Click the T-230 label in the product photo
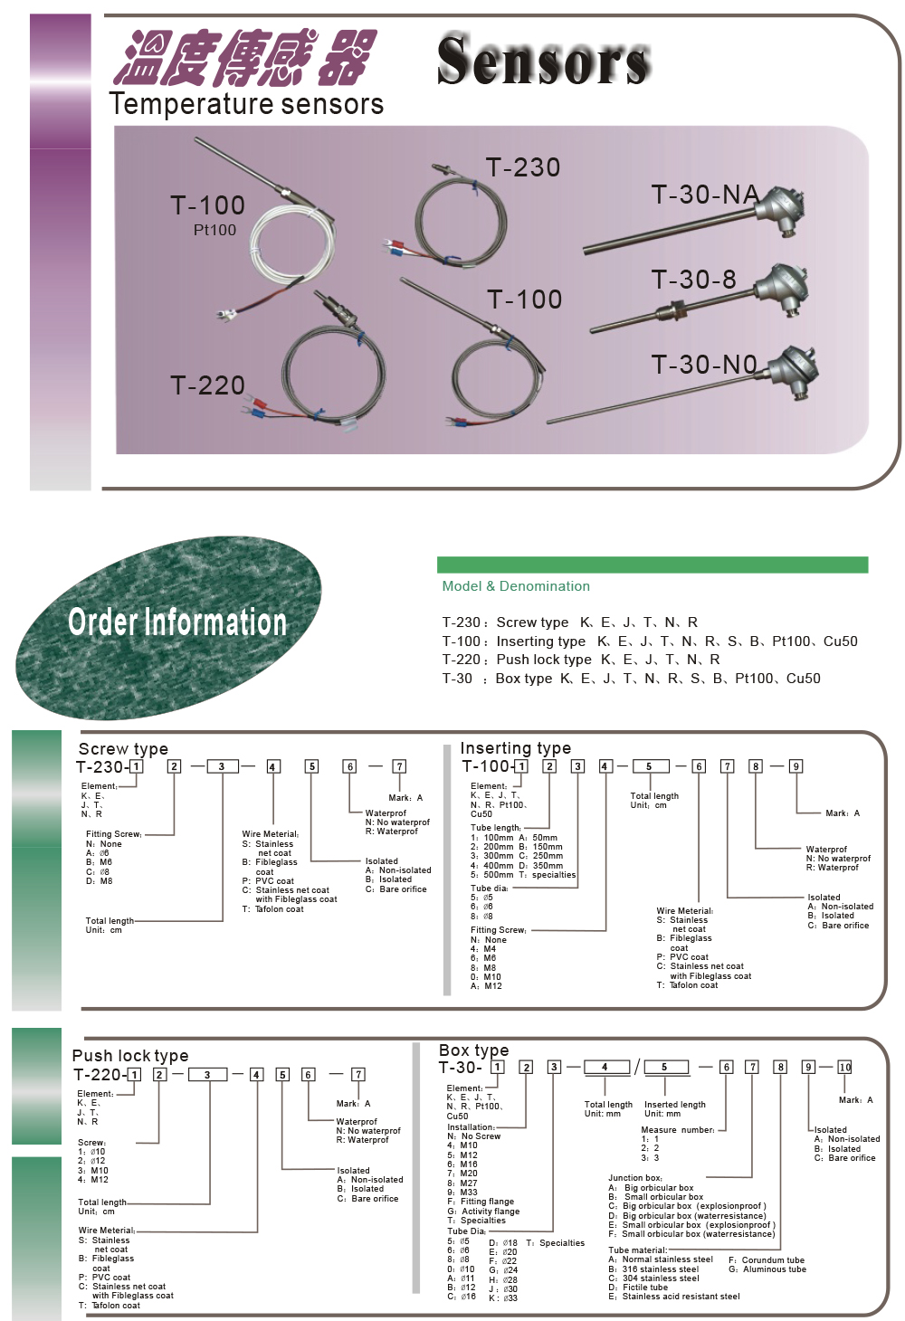point(523,167)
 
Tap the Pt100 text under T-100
point(214,230)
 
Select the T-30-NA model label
point(705,195)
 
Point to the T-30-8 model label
point(694,280)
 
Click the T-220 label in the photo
point(207,385)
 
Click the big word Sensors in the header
point(543,60)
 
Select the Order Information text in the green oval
point(177,622)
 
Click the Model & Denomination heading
point(516,586)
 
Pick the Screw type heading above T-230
point(123,749)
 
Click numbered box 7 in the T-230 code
point(399,766)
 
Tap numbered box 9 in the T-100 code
point(795,766)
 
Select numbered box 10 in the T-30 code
point(845,1067)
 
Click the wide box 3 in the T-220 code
point(207,1075)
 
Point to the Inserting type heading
point(516,748)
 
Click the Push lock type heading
point(130,1056)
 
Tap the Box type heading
point(473,1050)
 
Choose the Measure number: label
point(678,1130)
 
